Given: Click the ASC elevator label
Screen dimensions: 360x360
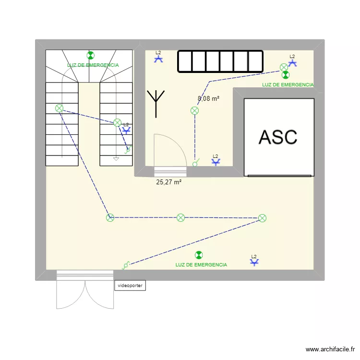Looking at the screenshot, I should [x=278, y=137].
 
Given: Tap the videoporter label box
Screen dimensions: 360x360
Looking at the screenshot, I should [x=130, y=285].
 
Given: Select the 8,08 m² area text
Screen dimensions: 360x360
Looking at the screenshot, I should [x=208, y=99].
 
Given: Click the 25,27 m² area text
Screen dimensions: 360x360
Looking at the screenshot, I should [x=168, y=182].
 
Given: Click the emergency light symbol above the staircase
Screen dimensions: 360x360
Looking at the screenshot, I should [x=90, y=56].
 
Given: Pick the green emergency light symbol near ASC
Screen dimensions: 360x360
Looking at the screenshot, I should [x=285, y=75].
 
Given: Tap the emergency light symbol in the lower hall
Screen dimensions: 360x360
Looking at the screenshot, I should [x=198, y=255].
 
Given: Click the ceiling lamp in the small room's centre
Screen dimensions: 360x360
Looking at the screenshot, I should [x=194, y=111].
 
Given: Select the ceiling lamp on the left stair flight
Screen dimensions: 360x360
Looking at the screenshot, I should [x=59, y=108].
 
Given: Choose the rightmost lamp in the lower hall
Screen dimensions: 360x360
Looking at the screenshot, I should [x=262, y=218].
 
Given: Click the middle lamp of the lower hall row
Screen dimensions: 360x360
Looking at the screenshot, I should [x=180, y=218].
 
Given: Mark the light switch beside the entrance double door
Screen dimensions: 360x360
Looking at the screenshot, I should [x=126, y=264].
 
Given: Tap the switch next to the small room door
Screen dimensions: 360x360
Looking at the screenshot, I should [x=195, y=164].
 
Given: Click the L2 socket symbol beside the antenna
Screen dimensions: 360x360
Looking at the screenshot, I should [x=158, y=59].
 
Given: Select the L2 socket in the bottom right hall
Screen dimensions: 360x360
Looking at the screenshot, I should [x=254, y=262].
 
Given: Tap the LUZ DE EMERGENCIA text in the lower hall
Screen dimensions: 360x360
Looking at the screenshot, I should [x=201, y=265].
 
